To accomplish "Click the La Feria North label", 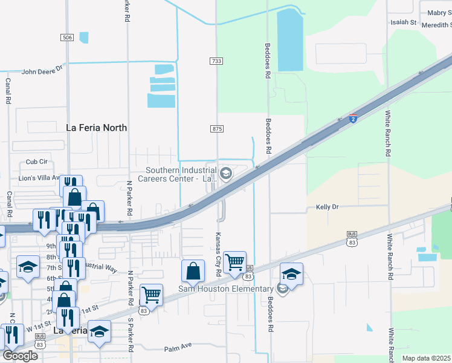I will click(x=96, y=128).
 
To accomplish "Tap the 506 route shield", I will click(x=67, y=38).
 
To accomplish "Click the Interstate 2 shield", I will click(x=353, y=119).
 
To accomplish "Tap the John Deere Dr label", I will click(x=42, y=71).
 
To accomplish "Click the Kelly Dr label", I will click(x=328, y=207).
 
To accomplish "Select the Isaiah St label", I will click(x=404, y=22).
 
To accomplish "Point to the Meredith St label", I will click(x=433, y=25).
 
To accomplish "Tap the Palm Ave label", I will click(x=178, y=349).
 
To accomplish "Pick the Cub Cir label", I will click(x=36, y=162).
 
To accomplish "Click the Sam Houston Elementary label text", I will click(x=226, y=289).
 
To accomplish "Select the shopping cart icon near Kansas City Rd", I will click(x=234, y=263).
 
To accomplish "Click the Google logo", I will click(x=20, y=356).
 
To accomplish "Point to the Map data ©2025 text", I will click(x=426, y=358).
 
